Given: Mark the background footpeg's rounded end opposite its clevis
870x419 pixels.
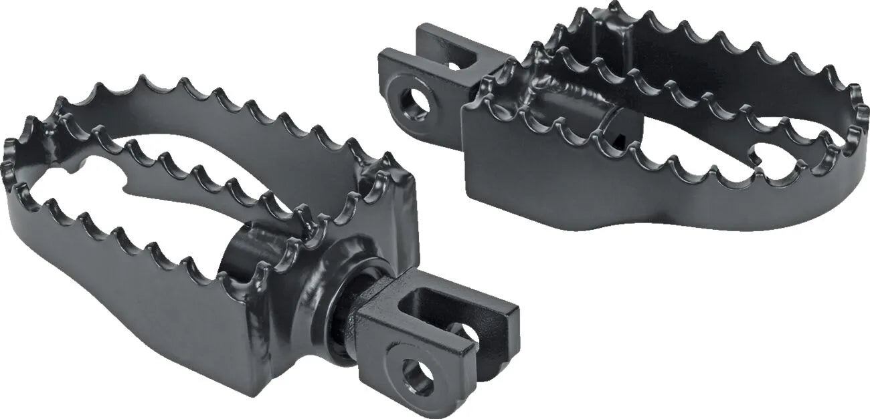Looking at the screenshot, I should point(857,127).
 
